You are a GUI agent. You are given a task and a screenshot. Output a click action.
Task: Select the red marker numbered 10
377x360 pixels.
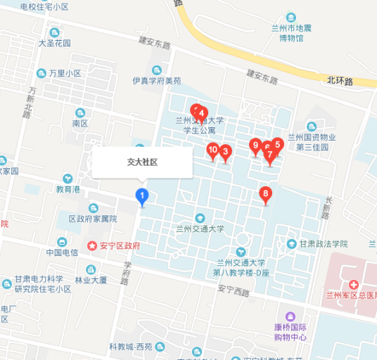tap(212, 150)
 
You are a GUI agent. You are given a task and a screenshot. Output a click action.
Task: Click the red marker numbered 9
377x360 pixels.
tap(255, 146)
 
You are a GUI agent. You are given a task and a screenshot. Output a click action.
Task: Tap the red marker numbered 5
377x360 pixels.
tap(278, 145)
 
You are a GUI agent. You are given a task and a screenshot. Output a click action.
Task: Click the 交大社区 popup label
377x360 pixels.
tap(142, 162)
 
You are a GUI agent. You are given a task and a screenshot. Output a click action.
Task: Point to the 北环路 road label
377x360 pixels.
tap(340, 82)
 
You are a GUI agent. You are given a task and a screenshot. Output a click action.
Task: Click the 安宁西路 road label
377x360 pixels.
tap(234, 290)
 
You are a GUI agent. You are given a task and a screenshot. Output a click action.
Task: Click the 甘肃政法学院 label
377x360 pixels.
tap(323, 244)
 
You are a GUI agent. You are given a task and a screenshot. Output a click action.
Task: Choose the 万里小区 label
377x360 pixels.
tap(65, 73)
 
